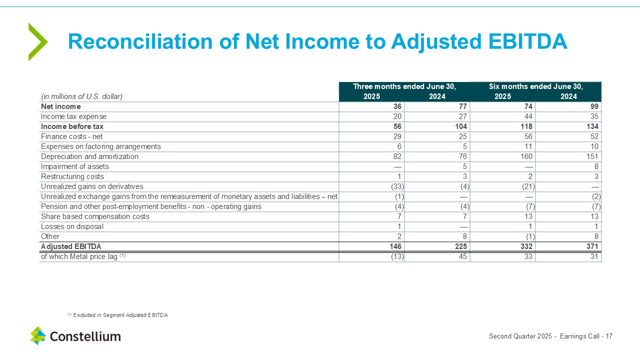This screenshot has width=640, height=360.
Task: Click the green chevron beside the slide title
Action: [x=37, y=42]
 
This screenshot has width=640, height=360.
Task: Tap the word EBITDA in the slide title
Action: [x=527, y=41]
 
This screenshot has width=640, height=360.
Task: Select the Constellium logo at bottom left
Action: [x=75, y=336]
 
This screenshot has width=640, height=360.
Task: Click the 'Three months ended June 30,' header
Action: [x=404, y=86]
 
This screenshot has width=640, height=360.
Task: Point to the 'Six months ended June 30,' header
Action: [x=535, y=86]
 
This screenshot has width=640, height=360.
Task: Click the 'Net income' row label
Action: [x=61, y=106]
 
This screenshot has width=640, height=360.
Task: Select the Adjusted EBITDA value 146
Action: [x=395, y=246]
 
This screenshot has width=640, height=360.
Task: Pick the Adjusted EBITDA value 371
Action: [x=592, y=246]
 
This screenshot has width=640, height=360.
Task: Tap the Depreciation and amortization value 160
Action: [x=526, y=156]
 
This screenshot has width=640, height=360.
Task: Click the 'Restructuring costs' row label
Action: [x=72, y=176]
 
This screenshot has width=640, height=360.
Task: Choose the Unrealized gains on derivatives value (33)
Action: [x=397, y=186]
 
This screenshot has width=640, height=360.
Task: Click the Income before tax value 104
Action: [x=461, y=126]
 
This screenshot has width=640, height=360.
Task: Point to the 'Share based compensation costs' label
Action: [x=95, y=216]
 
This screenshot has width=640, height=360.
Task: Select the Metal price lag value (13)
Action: [x=397, y=256]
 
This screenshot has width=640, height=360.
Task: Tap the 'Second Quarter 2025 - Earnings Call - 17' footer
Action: [x=550, y=336]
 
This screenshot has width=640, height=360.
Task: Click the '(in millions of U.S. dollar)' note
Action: [x=81, y=96]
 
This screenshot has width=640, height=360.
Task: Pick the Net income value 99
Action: [x=594, y=106]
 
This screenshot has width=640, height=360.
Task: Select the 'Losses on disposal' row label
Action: [x=72, y=226]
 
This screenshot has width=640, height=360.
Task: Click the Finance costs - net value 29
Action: [x=397, y=136]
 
